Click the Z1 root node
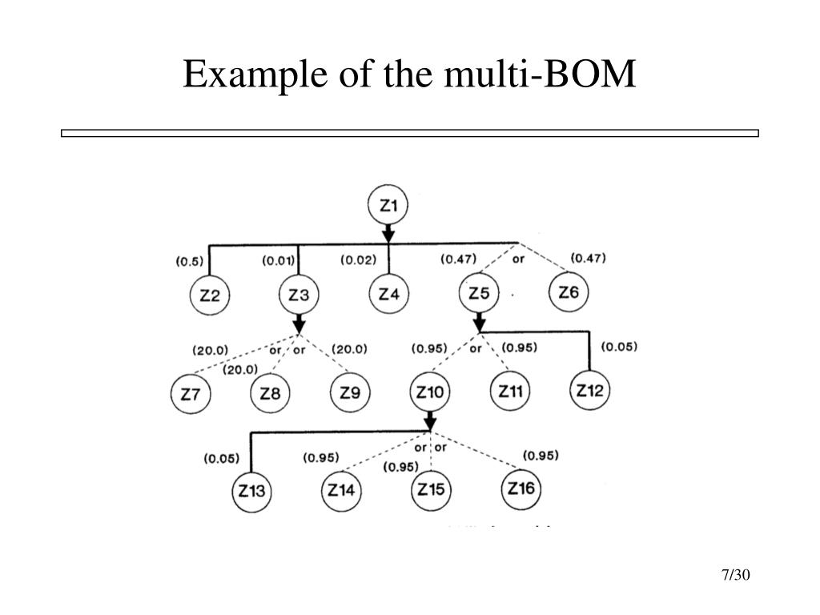click(388, 206)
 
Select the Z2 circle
click(210, 295)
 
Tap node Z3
click(299, 295)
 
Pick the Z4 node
click(388, 295)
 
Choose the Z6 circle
click(569, 292)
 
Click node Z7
click(191, 394)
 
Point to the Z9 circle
click(350, 393)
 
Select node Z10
click(430, 392)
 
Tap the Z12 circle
click(591, 392)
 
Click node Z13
click(251, 492)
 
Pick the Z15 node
click(431, 489)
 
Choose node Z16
click(521, 488)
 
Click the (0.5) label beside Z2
click(189, 261)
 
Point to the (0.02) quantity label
click(358, 260)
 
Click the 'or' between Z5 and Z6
click(519, 259)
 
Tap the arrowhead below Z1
click(388, 234)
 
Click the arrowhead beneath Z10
click(430, 422)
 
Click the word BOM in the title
click(594, 76)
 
